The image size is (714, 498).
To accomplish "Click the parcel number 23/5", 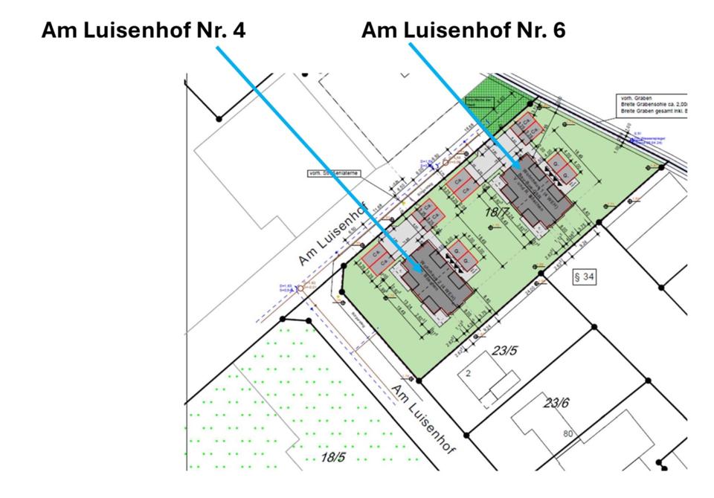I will click(x=504, y=351).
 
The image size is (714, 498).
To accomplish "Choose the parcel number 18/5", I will click(x=332, y=456).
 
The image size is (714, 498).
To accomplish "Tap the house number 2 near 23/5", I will click(x=469, y=374).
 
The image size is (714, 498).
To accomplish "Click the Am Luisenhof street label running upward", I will click(x=333, y=236).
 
